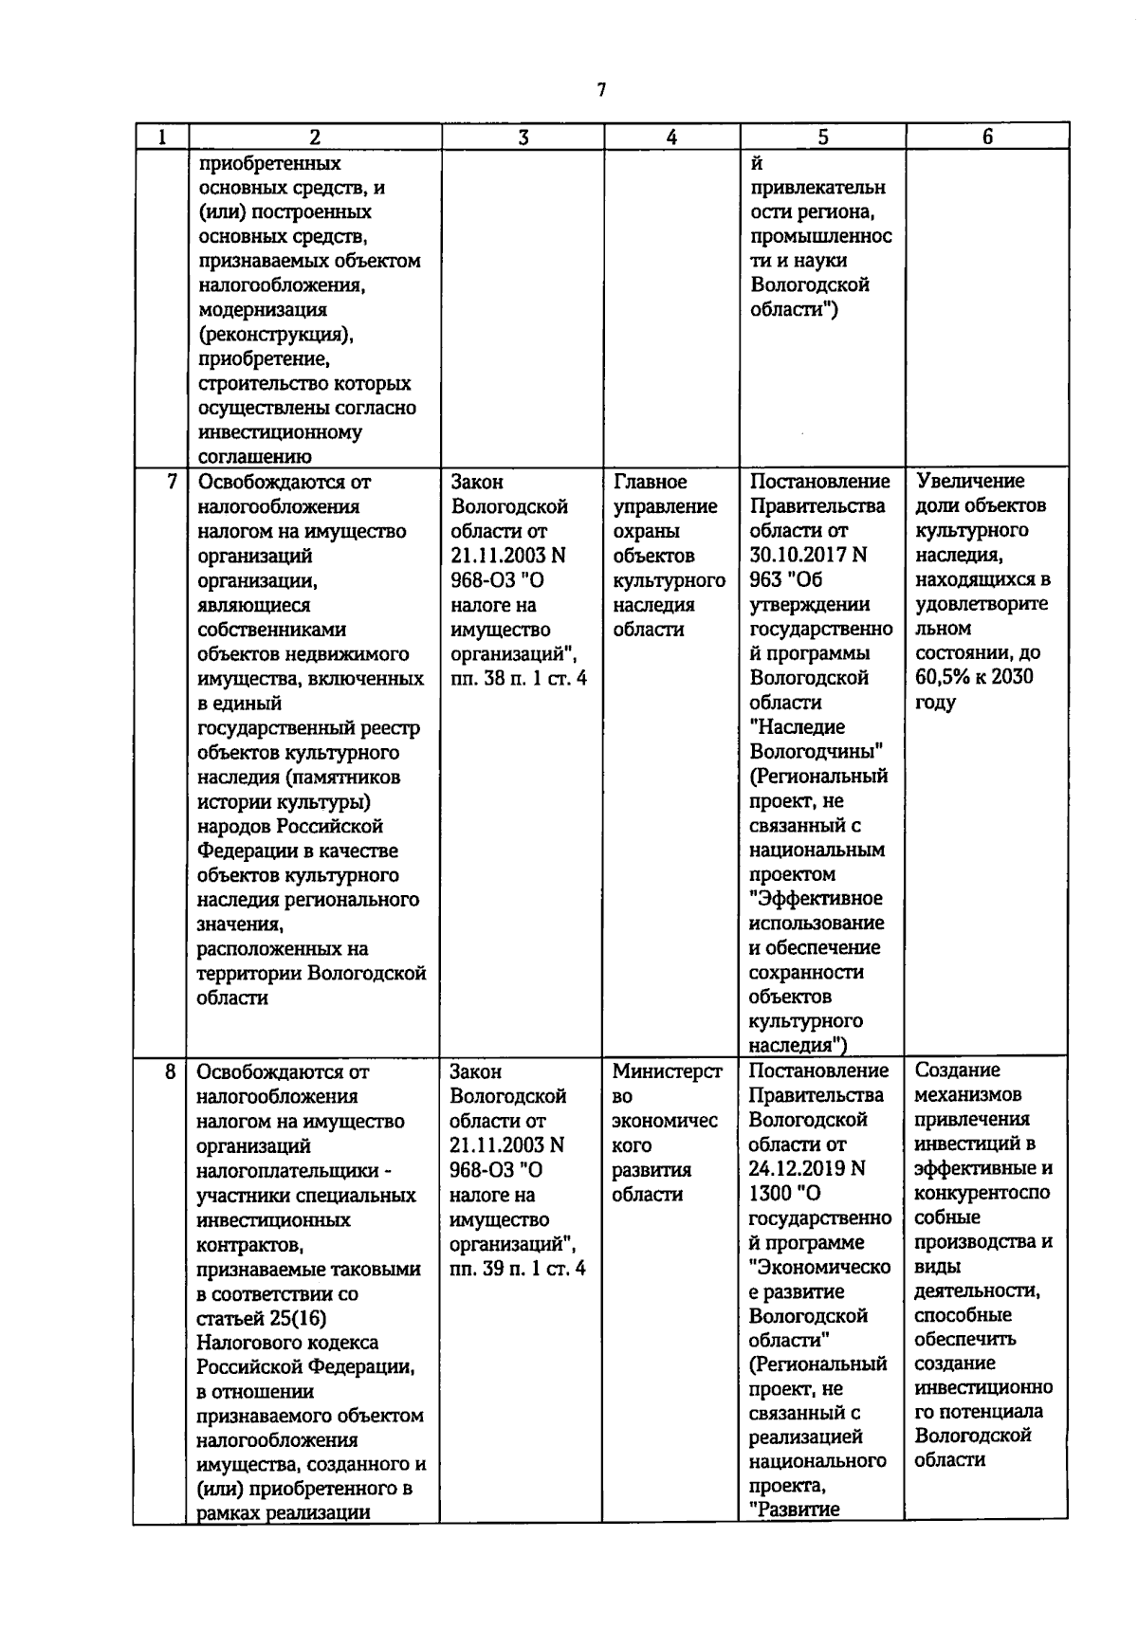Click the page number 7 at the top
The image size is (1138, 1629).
600,91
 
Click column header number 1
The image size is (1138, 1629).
161,137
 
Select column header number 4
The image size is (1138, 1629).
671,137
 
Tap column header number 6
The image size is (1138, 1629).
987,137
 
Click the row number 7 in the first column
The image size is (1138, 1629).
172,482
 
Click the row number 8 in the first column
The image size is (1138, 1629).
171,1072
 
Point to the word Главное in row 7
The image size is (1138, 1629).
651,482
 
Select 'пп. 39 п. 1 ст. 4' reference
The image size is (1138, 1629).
518,1269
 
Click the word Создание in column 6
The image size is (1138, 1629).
957,1071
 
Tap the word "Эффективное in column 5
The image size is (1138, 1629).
816,899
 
